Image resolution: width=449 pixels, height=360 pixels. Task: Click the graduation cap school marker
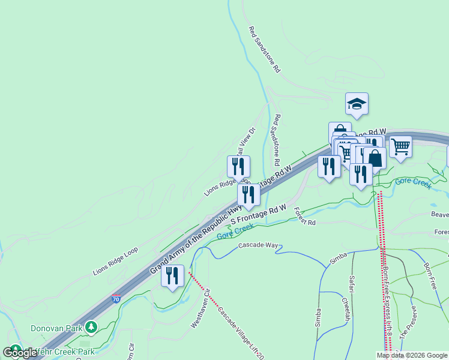click(x=357, y=105)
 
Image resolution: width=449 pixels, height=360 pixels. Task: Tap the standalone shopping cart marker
click(x=400, y=146)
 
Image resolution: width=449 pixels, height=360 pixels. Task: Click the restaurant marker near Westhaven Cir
click(x=172, y=276)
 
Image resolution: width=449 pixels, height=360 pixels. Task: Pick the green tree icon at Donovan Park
click(x=91, y=328)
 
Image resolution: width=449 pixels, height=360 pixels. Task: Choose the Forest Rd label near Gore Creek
click(x=305, y=217)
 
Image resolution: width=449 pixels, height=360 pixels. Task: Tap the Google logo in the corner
click(x=20, y=352)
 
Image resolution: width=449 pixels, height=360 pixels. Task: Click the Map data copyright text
click(x=412, y=355)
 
